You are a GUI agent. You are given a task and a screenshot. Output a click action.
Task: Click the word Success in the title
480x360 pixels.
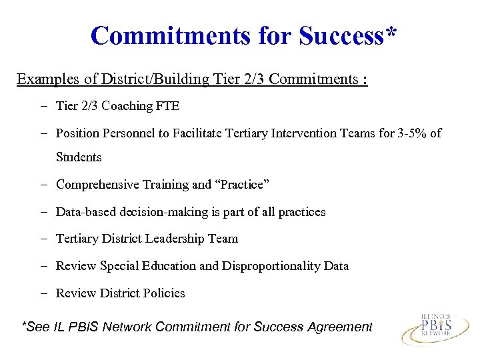(x=342, y=35)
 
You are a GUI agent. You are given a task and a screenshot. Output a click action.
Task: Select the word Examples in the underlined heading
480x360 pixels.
(x=48, y=79)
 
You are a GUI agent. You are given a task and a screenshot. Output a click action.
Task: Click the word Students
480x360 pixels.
(x=79, y=157)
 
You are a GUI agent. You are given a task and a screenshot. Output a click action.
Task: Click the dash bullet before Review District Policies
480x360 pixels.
(x=42, y=293)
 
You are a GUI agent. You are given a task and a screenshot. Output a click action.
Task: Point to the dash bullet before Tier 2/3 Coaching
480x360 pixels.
(x=42, y=106)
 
